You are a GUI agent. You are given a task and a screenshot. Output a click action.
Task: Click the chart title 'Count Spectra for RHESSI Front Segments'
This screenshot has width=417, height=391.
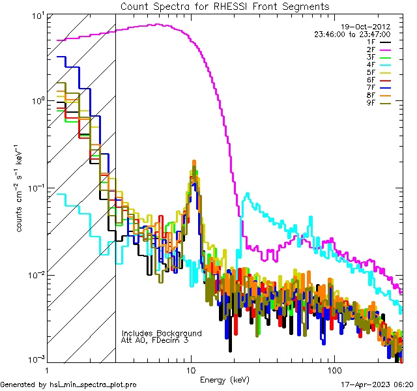tap(225, 7)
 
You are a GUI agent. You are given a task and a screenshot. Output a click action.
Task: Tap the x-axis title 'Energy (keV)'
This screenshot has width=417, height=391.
tap(224, 380)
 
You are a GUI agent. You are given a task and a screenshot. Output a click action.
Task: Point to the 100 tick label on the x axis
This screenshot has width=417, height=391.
tap(334, 370)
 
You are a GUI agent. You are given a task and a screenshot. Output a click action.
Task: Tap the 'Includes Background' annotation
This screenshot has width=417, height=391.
tap(162, 333)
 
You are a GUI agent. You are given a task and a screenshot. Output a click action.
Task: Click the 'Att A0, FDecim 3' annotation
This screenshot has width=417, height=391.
tap(154, 340)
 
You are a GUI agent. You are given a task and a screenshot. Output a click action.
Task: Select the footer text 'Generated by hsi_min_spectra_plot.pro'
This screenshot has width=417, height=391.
tap(68, 385)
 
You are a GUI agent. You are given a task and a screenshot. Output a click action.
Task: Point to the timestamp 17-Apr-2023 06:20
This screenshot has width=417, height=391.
tap(377, 385)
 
